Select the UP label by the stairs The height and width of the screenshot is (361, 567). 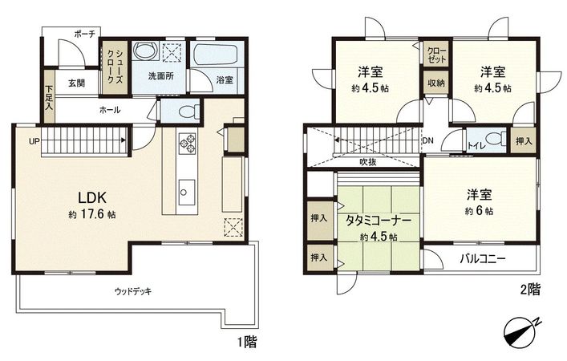[34, 142]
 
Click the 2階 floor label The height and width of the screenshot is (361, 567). [529, 290]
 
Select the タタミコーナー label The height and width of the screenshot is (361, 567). [379, 219]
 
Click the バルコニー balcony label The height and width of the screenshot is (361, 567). [482, 258]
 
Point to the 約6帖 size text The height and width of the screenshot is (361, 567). [480, 210]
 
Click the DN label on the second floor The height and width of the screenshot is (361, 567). [429, 140]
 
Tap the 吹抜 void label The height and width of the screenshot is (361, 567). [368, 162]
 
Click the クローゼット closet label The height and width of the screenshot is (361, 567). [437, 56]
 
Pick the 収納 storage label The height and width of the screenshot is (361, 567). [435, 83]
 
